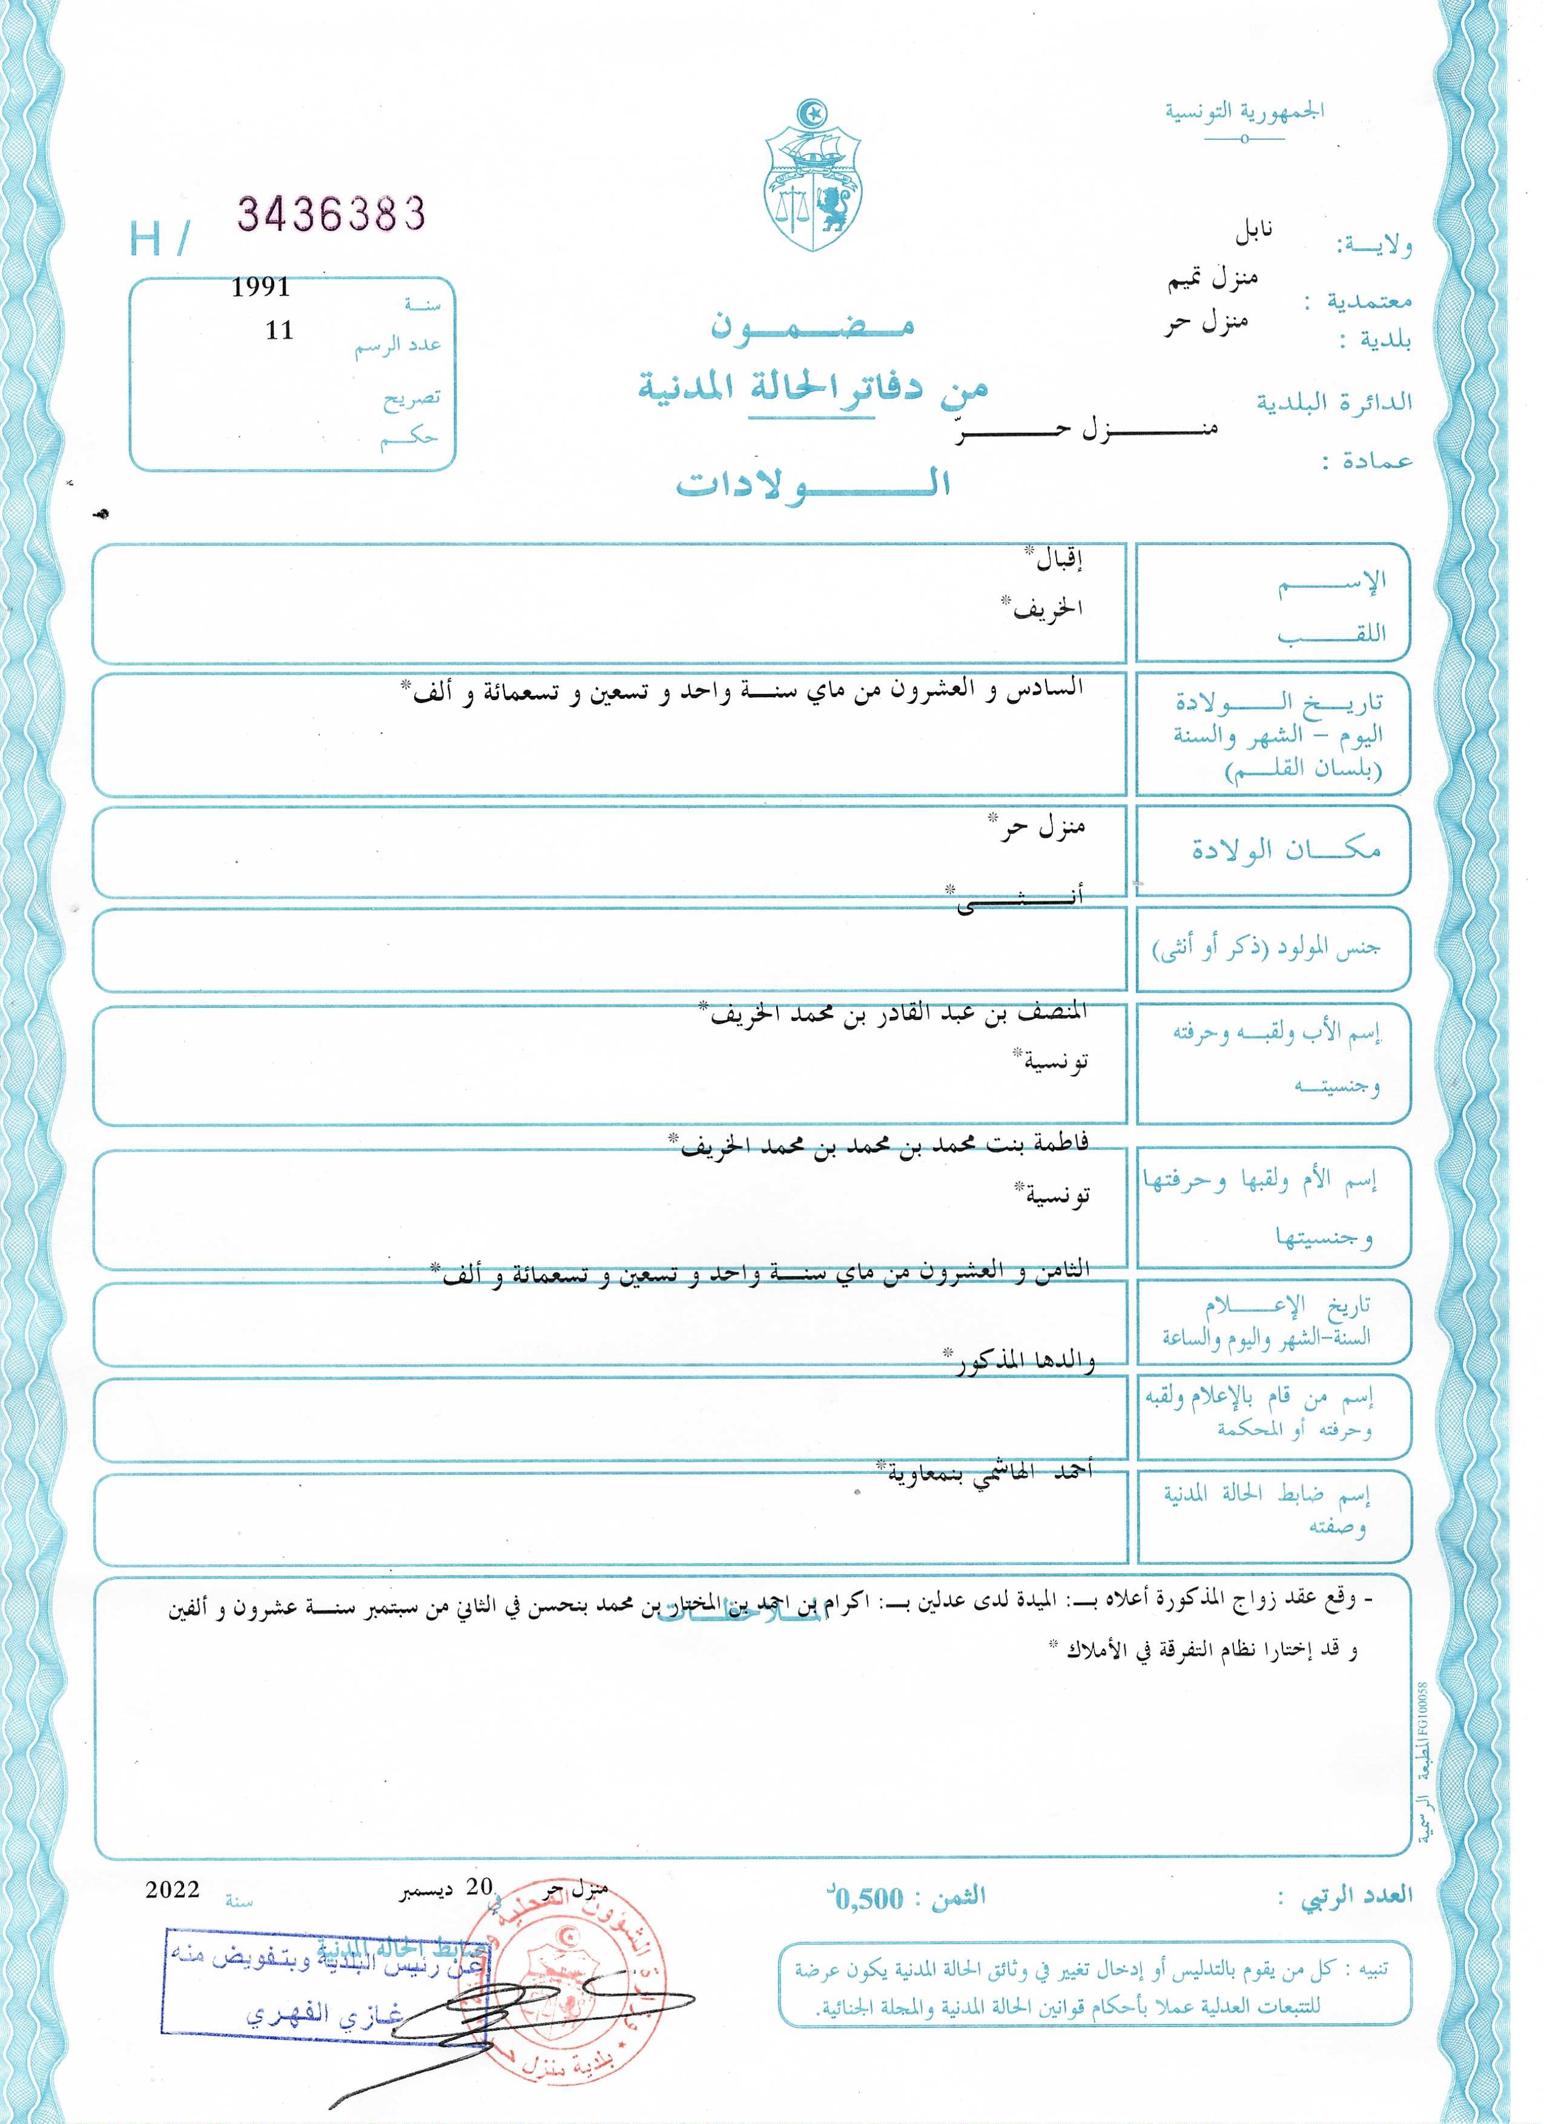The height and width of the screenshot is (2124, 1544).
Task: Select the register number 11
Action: coord(279,331)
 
